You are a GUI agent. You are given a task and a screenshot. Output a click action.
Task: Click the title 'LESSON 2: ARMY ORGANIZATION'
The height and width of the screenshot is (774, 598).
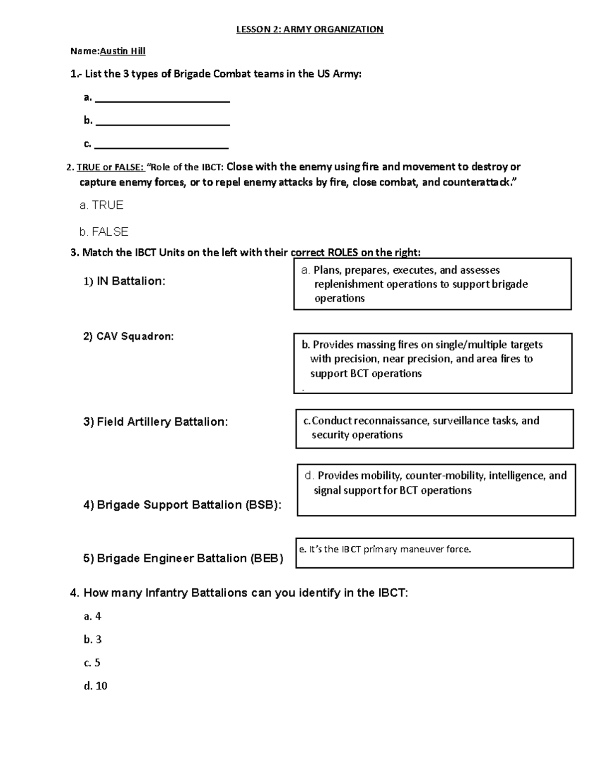pos(309,29)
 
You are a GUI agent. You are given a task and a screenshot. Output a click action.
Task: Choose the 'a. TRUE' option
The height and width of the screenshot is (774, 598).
pos(101,205)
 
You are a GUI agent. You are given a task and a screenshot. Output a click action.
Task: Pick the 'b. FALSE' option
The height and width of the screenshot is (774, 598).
pos(104,232)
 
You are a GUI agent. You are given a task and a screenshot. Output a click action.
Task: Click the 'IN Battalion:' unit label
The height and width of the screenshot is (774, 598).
pos(124,282)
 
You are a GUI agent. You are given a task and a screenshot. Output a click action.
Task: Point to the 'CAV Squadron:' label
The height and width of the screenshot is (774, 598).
pos(129,336)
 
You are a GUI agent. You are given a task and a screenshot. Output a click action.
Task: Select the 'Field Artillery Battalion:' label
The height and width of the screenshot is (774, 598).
pos(155,422)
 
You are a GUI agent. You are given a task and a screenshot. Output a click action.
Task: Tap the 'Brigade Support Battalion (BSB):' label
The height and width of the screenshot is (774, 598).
pos(182,505)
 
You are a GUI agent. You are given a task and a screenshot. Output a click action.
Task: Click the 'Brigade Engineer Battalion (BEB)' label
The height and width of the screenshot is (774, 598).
pos(183,558)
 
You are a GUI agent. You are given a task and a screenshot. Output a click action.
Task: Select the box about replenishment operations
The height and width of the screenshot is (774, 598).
pos(432,284)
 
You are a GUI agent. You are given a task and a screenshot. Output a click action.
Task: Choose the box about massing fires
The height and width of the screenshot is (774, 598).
pos(433,363)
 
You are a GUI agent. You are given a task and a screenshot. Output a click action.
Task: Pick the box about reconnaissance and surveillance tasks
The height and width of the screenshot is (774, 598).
pos(434,429)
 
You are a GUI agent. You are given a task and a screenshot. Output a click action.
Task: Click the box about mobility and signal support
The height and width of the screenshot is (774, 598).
pos(436,489)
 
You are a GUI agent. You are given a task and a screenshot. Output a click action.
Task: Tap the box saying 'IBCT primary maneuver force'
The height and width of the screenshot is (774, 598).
pos(434,553)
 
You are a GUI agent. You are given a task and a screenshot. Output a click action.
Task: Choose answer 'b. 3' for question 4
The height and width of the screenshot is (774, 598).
pos(93,639)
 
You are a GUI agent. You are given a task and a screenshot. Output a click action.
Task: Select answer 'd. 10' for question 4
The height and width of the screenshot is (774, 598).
pos(96,686)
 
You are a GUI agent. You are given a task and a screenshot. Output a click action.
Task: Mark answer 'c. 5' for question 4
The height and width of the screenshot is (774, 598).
pos(92,663)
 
